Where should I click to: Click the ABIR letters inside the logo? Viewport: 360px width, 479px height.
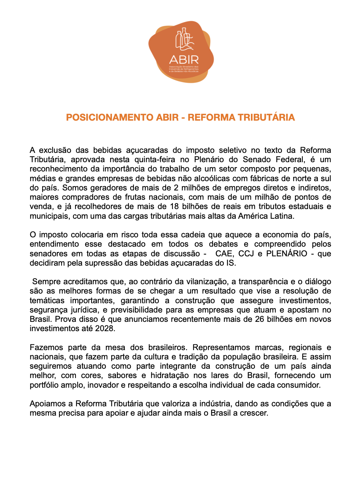pyautogui.click(x=184, y=59)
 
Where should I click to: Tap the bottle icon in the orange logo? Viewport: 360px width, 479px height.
pyautogui.click(x=184, y=39)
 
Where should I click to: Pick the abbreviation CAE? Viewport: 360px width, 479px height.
pyautogui.click(x=224, y=254)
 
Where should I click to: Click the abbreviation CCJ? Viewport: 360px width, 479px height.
pyautogui.click(x=246, y=254)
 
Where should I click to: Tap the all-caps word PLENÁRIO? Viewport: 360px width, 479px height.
pyautogui.click(x=287, y=254)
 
